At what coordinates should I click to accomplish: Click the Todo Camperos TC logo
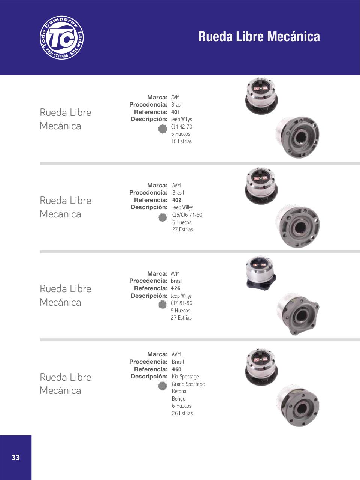61,37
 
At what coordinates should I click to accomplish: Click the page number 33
16,457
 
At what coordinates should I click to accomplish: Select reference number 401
175,112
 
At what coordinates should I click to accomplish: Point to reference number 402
177,200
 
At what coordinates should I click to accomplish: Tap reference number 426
176,288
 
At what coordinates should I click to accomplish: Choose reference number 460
176,369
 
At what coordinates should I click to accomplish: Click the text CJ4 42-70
182,127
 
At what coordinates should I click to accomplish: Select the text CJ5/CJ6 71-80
187,215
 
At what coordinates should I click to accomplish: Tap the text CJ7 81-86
182,303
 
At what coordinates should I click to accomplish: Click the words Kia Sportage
185,376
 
